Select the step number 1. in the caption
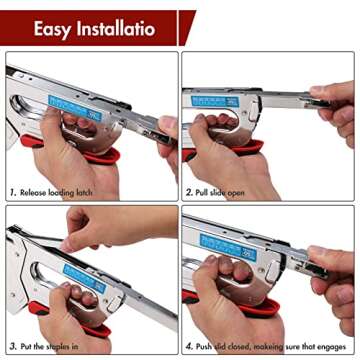[x=13, y=191]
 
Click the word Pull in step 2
[x=205, y=191]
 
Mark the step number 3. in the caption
[x=13, y=346]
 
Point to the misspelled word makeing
[x=276, y=346]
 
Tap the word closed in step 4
[x=245, y=346]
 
